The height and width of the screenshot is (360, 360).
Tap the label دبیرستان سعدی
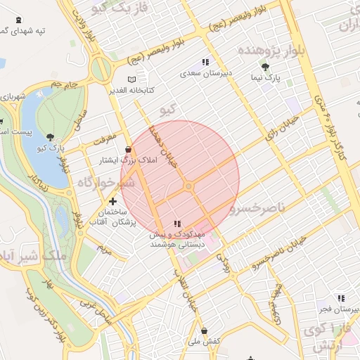pyautogui.click(x=201, y=72)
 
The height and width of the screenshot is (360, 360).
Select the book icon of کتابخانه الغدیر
pyautogui.click(x=134, y=79)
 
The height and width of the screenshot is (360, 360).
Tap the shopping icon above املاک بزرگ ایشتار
pyautogui.click(x=128, y=149)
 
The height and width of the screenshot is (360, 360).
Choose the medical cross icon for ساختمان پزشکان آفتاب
pyautogui.click(x=113, y=201)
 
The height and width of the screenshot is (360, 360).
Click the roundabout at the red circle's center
pyautogui.click(x=188, y=186)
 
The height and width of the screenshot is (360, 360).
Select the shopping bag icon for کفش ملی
pyautogui.click(x=204, y=330)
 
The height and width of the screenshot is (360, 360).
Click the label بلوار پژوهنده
pyautogui.click(x=270, y=51)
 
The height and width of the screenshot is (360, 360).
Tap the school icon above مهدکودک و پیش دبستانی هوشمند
pyautogui.click(x=176, y=224)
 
